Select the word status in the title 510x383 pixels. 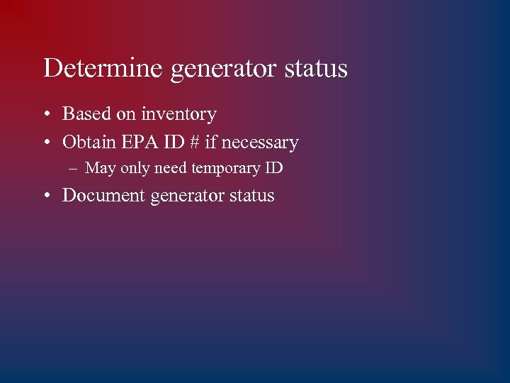[x=316, y=69]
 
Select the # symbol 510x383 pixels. [x=194, y=142]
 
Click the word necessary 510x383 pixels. [x=260, y=143]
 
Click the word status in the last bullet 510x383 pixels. [x=251, y=195]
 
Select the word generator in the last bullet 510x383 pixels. [x=188, y=196]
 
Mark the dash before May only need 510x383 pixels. [x=73, y=169]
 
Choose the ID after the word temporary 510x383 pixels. [x=274, y=169]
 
